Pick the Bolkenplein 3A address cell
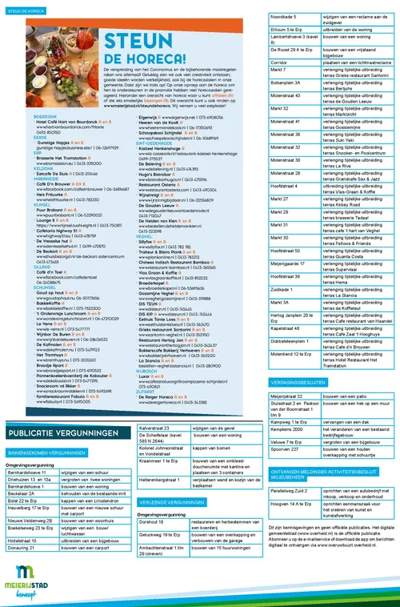[x=290, y=104]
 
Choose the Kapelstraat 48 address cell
[x=290, y=328]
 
